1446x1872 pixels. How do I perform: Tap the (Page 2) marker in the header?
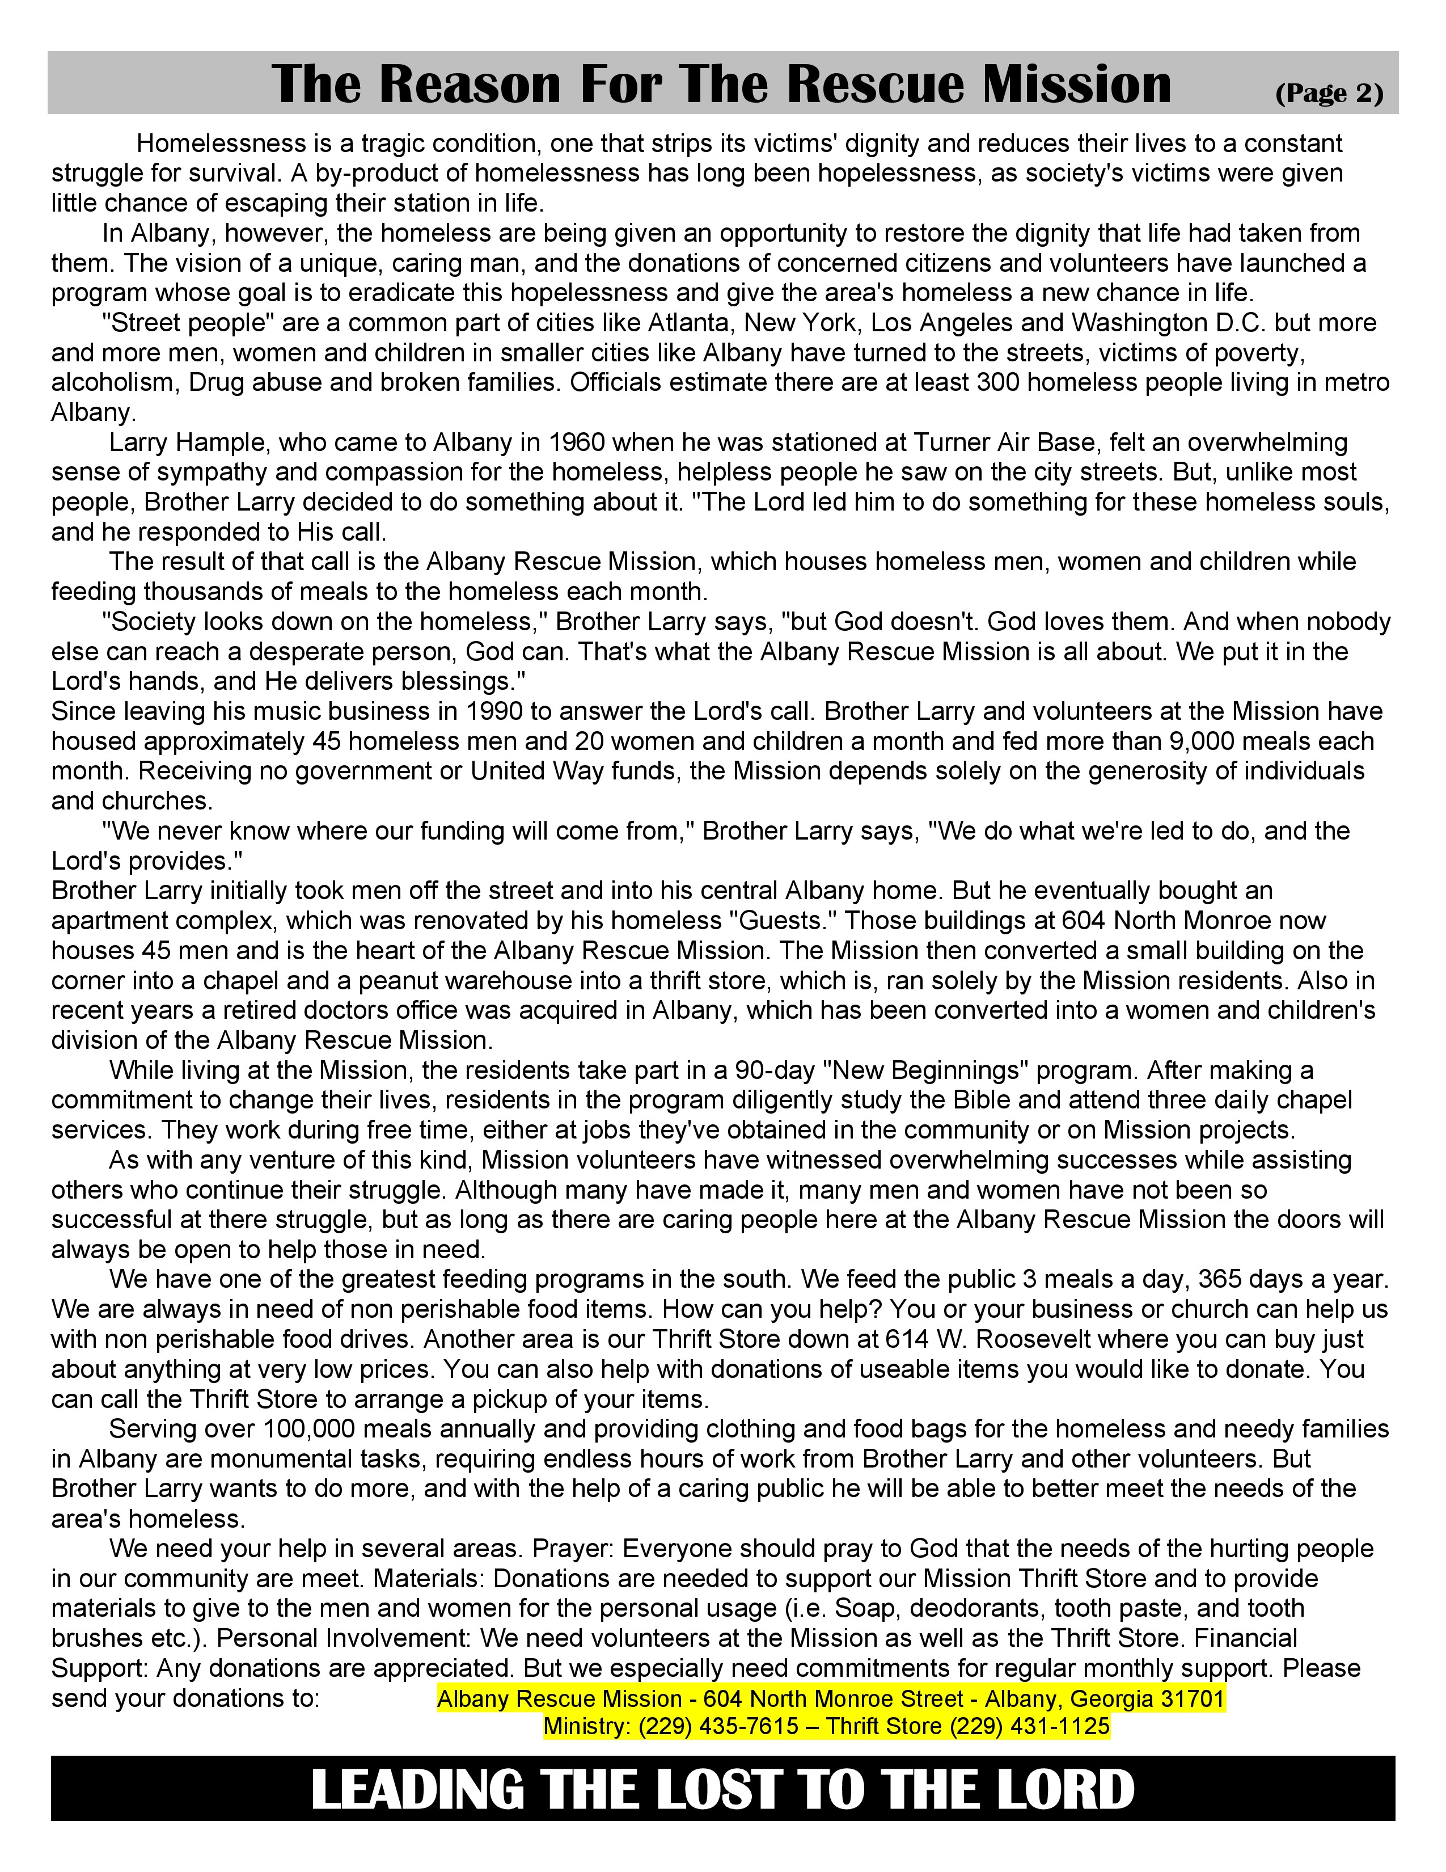point(1329,92)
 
